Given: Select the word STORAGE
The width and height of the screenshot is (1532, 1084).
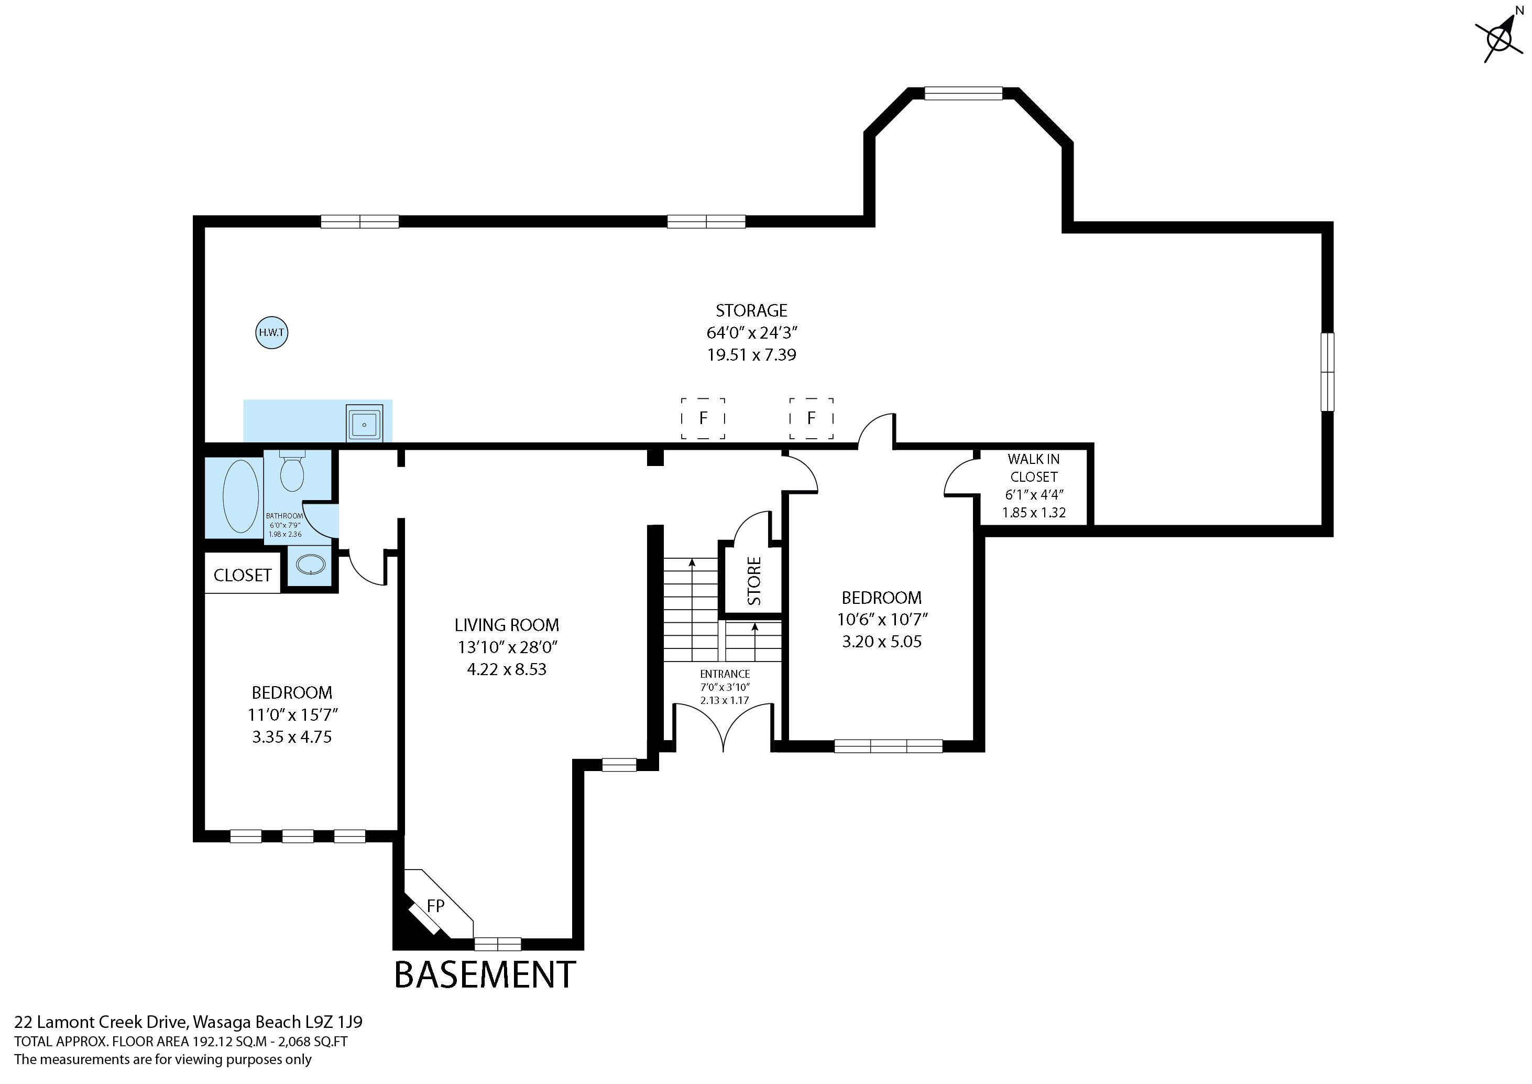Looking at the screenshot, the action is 751,310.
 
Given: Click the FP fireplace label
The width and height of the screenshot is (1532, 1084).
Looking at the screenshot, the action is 436,906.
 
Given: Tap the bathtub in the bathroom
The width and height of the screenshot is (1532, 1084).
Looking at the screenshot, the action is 241,496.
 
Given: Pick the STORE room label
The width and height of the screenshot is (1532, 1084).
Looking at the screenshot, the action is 754,581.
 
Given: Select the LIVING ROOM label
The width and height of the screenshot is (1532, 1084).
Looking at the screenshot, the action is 507,625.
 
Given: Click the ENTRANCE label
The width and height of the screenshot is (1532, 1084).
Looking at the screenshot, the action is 725,674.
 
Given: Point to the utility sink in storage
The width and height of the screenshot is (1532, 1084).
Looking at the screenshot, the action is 364,422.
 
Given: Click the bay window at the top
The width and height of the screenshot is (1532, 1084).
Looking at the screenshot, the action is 964,93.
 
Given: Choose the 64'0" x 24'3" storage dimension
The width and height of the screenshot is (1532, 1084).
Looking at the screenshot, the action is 752,332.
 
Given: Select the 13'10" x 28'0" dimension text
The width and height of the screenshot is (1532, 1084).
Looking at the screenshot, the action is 507,647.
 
